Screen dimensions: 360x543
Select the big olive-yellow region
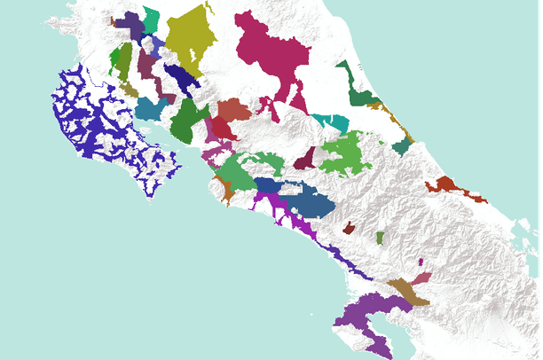click(x=189, y=40)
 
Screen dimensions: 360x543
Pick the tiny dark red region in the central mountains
click(x=349, y=228)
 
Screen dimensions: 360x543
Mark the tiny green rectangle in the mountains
click(x=380, y=238)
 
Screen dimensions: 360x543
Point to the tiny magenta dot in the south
click(x=420, y=262)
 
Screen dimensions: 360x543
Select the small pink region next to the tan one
click(x=421, y=278)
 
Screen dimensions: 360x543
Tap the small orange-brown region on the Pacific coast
click(x=224, y=188)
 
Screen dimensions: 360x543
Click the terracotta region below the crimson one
click(x=234, y=110)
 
